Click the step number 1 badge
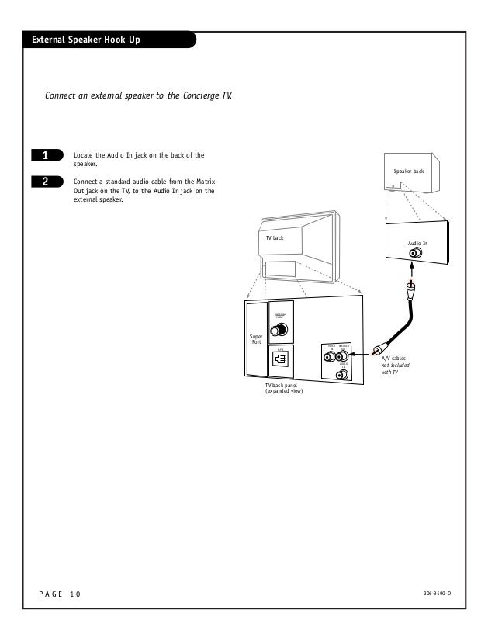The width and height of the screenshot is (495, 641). pos(46,155)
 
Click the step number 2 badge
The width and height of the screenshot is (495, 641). pos(46,182)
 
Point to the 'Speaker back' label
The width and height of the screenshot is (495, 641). pos(409,172)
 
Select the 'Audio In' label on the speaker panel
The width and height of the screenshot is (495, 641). pos(417,243)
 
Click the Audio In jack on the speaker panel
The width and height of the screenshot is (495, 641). pos(416,253)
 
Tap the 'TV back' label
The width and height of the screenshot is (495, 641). pos(275,237)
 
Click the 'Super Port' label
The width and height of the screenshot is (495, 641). pos(255,340)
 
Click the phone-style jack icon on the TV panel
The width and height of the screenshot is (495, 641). pos(280,359)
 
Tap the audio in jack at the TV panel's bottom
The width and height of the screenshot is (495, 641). pos(341,374)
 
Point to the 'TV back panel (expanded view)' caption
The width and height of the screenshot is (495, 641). pos(284,388)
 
